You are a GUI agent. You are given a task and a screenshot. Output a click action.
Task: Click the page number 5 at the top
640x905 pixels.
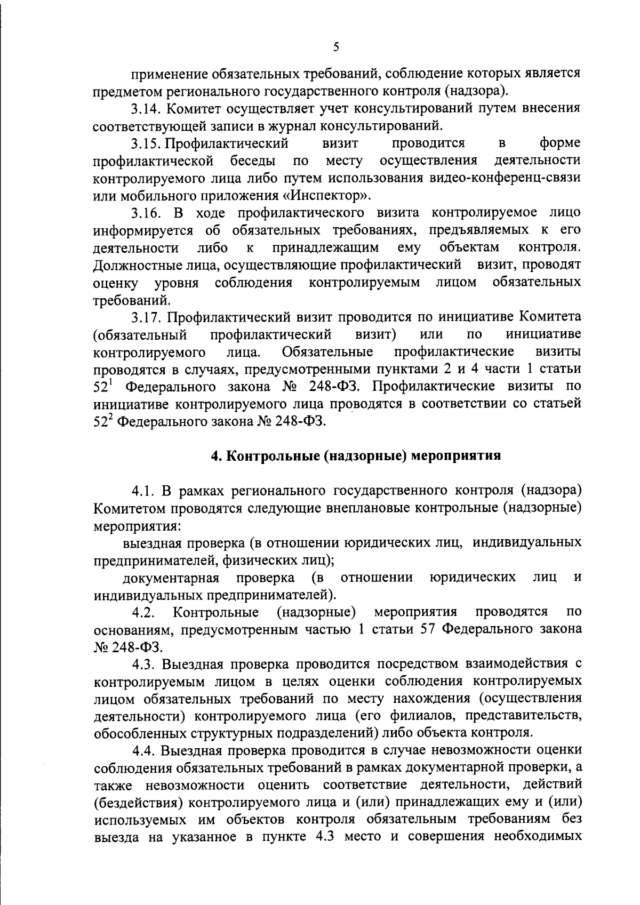(x=335, y=47)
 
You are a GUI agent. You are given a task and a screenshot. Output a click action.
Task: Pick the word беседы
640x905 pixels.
(x=253, y=161)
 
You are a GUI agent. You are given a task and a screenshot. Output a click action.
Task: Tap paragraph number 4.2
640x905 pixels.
(x=145, y=612)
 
